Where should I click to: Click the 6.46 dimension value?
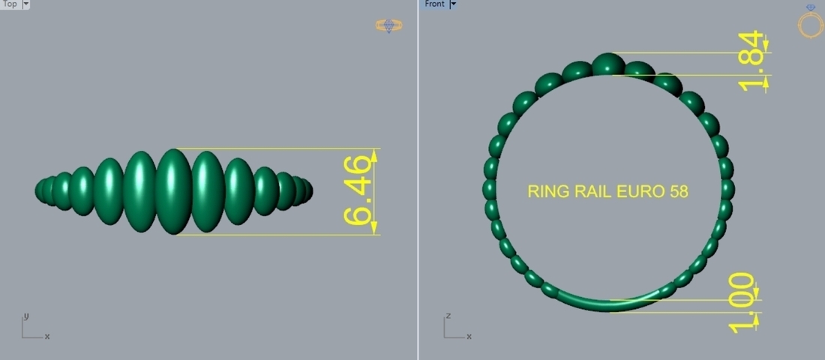pyautogui.click(x=358, y=190)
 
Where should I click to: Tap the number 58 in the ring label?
pyautogui.click(x=679, y=191)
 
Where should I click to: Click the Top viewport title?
pyautogui.click(x=10, y=4)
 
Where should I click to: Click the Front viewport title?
pyautogui.click(x=434, y=4)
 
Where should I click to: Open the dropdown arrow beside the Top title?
pyautogui.click(x=26, y=4)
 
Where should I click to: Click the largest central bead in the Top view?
pyautogui.click(x=173, y=191)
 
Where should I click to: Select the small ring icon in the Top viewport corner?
pyautogui.click(x=389, y=25)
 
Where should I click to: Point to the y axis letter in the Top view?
pyautogui.click(x=26, y=316)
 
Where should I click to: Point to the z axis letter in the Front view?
pyautogui.click(x=448, y=316)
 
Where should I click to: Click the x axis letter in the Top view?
pyautogui.click(x=47, y=336)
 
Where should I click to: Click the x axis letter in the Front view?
pyautogui.click(x=469, y=336)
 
